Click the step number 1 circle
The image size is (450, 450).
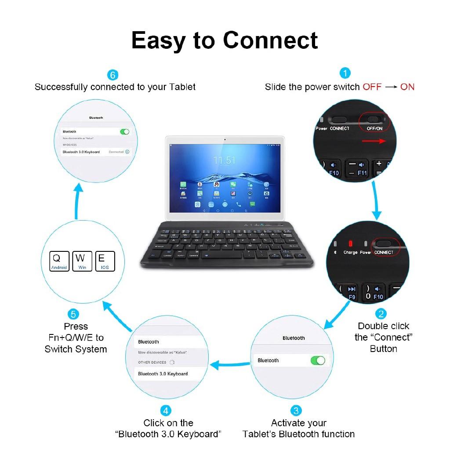coord(345,73)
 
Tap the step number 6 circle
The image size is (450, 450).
coord(113,75)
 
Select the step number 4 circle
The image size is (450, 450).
coord(166,411)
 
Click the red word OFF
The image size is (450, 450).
coord(372,87)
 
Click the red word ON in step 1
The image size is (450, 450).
coord(407,87)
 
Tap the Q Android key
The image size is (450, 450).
coord(59,261)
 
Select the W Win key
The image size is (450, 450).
coord(82,261)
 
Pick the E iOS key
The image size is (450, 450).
coord(105,261)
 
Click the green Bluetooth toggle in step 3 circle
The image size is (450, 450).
coord(317,360)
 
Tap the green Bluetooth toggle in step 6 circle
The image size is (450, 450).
coord(125,131)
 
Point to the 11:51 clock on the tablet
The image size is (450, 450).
coord(225,160)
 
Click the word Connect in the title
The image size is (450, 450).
coord(270,40)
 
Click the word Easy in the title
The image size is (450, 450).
coord(158,40)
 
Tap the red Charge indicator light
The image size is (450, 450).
coord(350,243)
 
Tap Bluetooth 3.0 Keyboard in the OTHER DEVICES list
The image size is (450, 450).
coord(163,374)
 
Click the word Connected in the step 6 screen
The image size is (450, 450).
coord(116,152)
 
